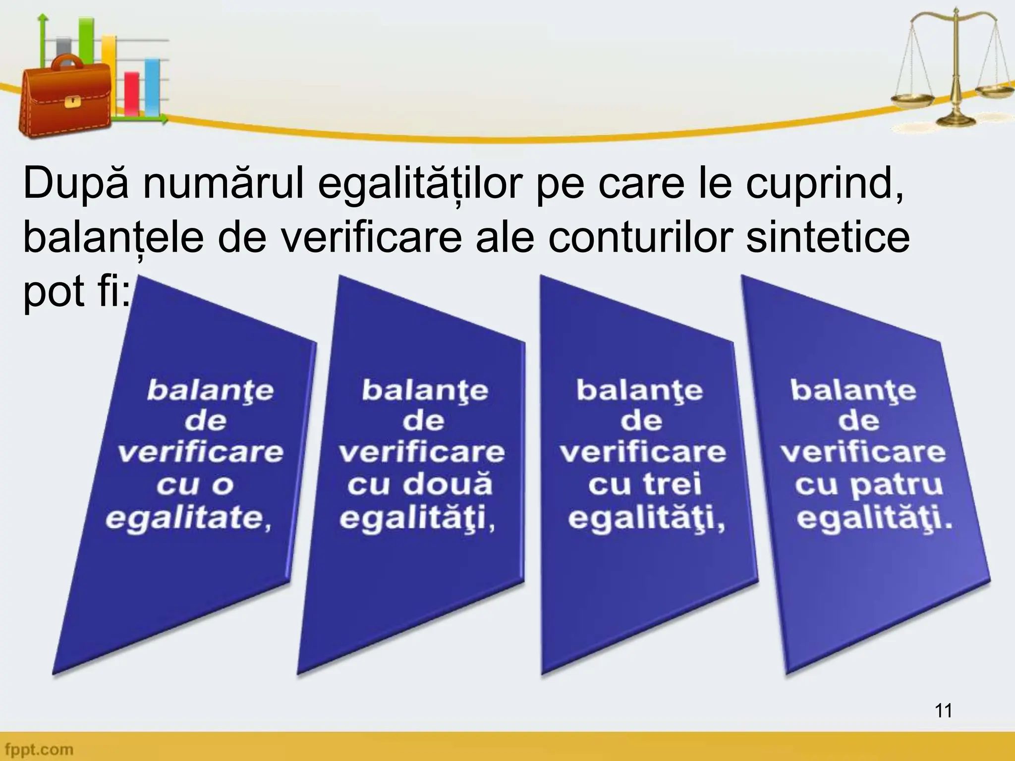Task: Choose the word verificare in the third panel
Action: click(x=643, y=452)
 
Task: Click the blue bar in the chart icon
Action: click(x=152, y=87)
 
